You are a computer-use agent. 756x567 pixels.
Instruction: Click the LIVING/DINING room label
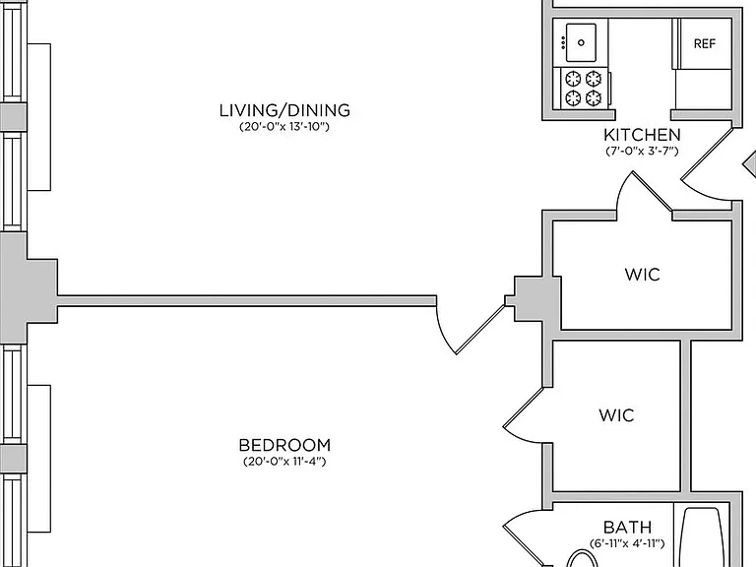click(284, 110)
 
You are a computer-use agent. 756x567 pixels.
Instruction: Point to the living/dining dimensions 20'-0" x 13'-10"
click(284, 127)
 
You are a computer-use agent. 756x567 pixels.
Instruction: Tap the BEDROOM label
click(284, 445)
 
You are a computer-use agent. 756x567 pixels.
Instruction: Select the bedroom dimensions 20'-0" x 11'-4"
click(284, 462)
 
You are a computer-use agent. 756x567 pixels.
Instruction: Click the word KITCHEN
click(642, 135)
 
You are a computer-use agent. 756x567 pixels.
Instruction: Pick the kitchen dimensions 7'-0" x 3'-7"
click(642, 151)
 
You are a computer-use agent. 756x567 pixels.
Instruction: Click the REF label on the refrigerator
click(705, 44)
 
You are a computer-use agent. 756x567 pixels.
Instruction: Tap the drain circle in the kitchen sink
click(581, 43)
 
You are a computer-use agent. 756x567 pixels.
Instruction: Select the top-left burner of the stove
click(573, 78)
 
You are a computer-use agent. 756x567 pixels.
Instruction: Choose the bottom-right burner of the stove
click(594, 97)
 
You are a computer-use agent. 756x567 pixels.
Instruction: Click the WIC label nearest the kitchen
click(642, 275)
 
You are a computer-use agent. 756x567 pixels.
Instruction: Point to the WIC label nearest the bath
click(616, 415)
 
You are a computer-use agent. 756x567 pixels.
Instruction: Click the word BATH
click(627, 527)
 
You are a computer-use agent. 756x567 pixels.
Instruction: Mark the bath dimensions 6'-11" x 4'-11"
click(627, 543)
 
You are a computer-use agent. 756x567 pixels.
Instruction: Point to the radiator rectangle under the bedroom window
click(39, 459)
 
